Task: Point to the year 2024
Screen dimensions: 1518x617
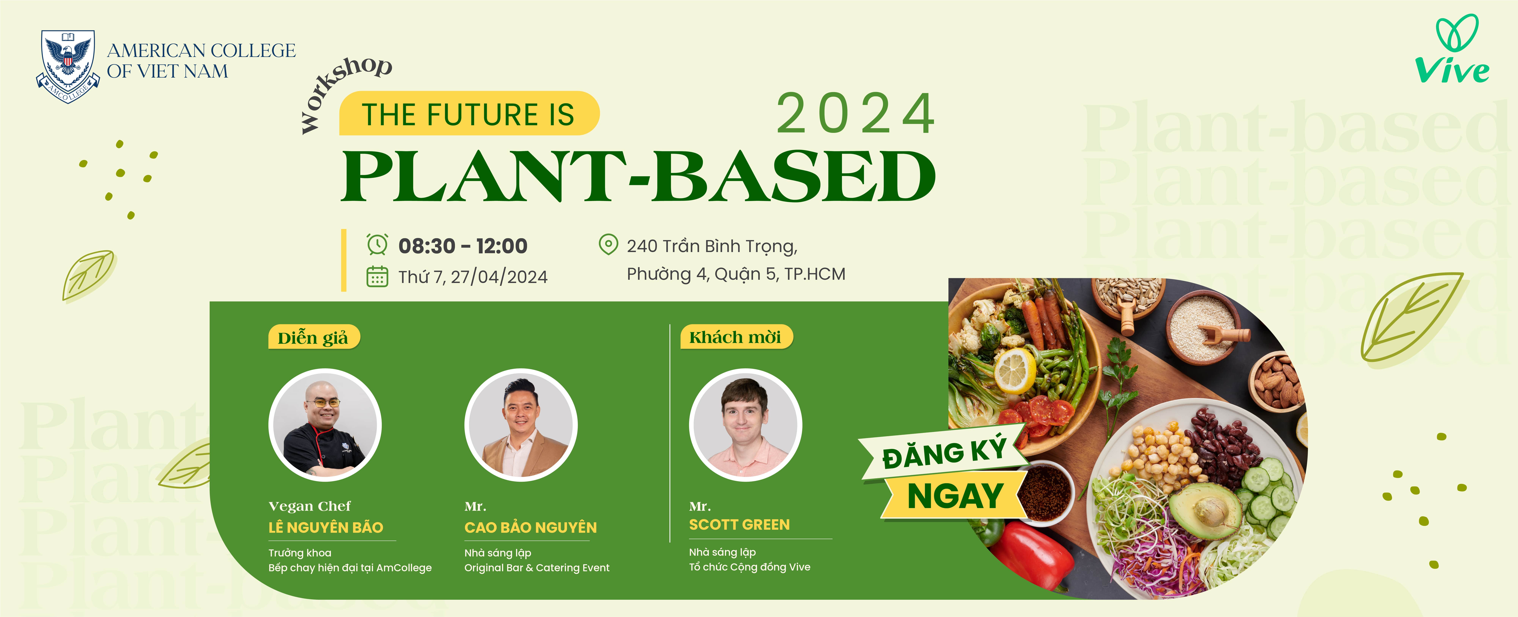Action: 856,114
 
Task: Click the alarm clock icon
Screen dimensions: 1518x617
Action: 377,244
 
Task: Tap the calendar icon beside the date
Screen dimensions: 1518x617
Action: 377,276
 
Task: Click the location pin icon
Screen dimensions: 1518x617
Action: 608,244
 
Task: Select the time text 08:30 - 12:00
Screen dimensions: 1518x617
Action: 463,246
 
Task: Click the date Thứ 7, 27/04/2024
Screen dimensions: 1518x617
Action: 473,276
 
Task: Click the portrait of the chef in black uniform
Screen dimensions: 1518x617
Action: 325,425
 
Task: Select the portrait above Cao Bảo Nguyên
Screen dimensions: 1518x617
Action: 521,425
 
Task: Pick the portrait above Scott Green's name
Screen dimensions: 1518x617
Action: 745,425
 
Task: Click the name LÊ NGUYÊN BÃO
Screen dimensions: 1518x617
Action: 326,527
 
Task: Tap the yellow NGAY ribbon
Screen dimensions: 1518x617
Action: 955,496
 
